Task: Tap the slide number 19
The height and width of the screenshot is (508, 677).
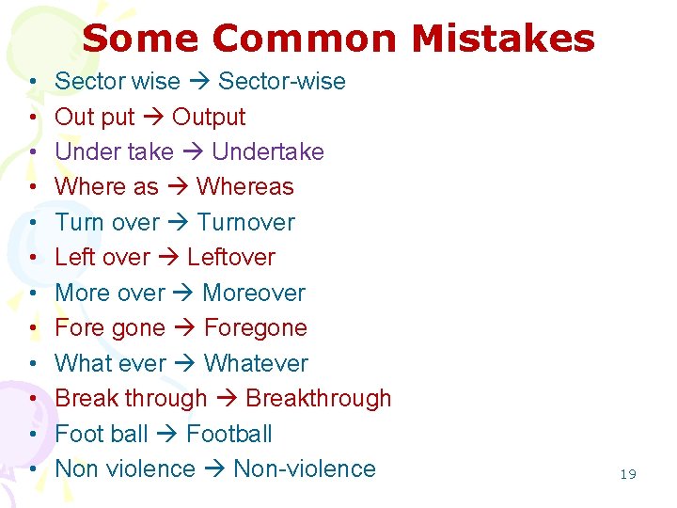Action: pyautogui.click(x=628, y=474)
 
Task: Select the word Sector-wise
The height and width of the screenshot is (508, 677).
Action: pyautogui.click(x=281, y=82)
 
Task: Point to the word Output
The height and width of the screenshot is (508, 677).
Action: pyautogui.click(x=209, y=118)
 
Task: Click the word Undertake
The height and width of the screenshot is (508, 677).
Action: pyautogui.click(x=268, y=152)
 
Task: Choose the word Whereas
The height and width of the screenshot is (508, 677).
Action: pyautogui.click(x=244, y=187)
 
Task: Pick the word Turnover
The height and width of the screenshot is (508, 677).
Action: pyautogui.click(x=245, y=223)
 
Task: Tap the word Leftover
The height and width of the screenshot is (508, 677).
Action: pyautogui.click(x=231, y=258)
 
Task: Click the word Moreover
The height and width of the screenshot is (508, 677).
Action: pyautogui.click(x=254, y=293)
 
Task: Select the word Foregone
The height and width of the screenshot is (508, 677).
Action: pyautogui.click(x=255, y=328)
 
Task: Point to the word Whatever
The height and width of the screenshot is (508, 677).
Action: pyautogui.click(x=256, y=363)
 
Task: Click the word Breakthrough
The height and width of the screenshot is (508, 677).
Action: pyautogui.click(x=318, y=399)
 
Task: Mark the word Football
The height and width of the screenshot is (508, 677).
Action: pyautogui.click(x=229, y=435)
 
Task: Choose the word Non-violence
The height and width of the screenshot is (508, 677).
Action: pyautogui.click(x=304, y=469)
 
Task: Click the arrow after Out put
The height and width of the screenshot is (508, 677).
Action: pyautogui.click(x=155, y=118)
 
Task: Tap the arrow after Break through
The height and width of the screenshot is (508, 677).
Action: pyautogui.click(x=227, y=399)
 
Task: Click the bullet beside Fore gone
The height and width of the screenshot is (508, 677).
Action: pyautogui.click(x=33, y=328)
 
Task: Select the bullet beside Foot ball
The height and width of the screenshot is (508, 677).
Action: pyautogui.click(x=33, y=435)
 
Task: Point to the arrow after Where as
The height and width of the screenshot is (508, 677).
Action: pyautogui.click(x=178, y=187)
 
